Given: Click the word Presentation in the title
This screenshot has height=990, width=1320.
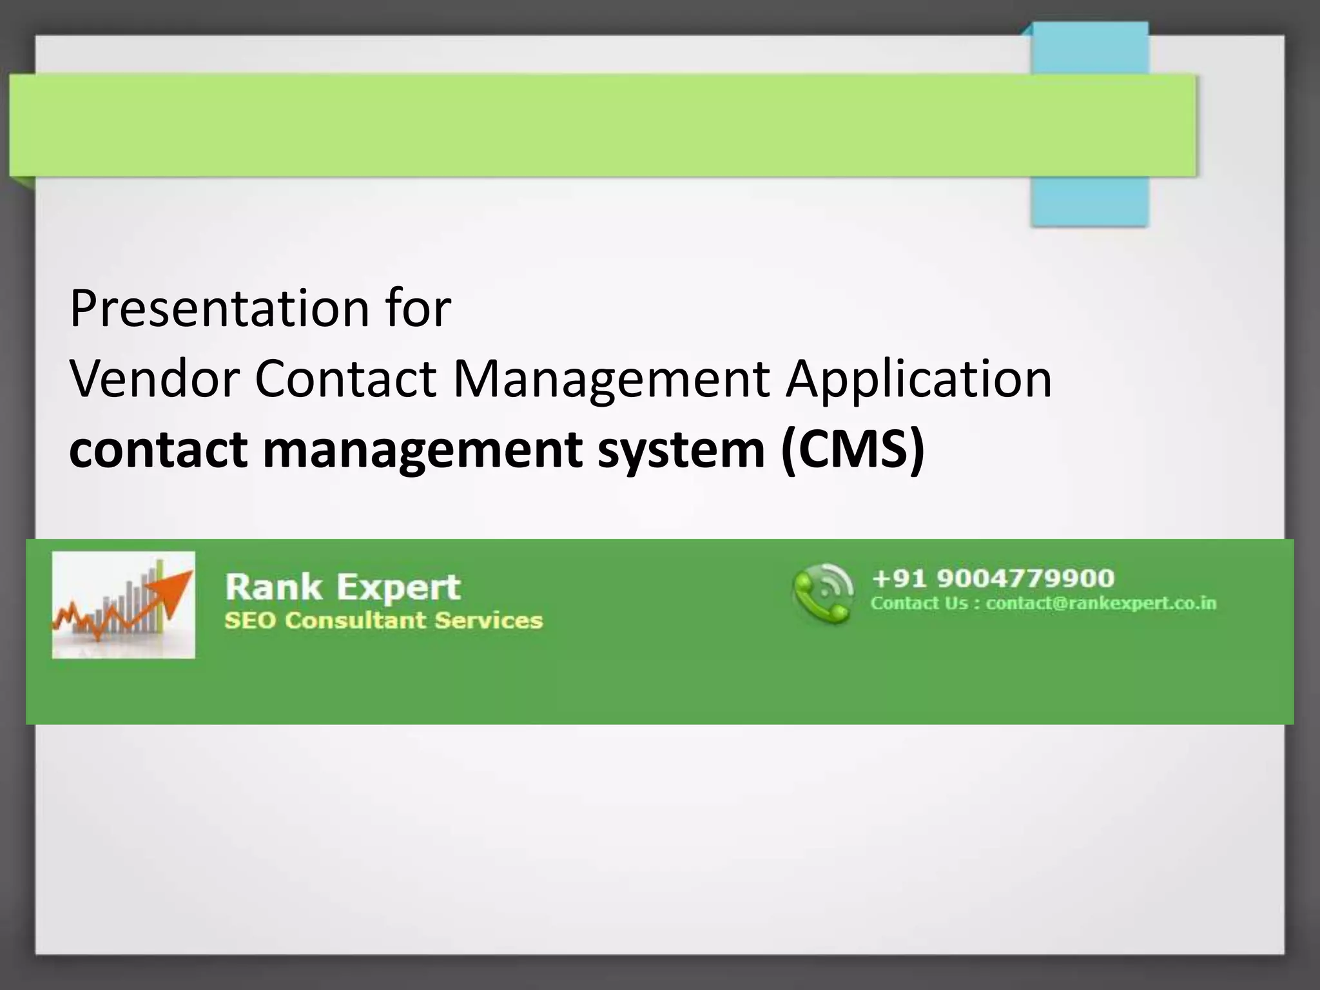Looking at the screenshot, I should coord(218,309).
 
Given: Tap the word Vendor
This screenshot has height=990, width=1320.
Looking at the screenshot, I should coord(154,379).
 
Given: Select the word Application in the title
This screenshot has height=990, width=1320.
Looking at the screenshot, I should coord(919,379).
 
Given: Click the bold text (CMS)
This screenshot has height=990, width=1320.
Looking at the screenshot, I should coord(853,449).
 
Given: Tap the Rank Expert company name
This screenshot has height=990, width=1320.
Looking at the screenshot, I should coord(342,587).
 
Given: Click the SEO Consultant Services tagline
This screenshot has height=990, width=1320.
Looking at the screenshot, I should coord(383,621).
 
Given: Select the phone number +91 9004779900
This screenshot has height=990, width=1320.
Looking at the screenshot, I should coord(993,578).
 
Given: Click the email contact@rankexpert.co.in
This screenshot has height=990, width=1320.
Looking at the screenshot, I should coord(1101,604).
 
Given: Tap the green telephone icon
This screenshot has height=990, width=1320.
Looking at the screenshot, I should coord(822,594).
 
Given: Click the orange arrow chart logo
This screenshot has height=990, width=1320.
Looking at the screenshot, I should coord(123,605).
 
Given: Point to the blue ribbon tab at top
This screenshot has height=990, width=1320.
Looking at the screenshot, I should coord(1089,200).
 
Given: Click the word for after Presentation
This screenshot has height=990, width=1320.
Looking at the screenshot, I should coord(419,309).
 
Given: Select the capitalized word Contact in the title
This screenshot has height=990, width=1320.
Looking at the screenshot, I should coord(345,379).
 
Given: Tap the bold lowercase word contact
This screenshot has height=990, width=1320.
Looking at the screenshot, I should coord(158,449).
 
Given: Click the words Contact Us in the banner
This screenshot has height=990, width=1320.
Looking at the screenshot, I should coord(919,604).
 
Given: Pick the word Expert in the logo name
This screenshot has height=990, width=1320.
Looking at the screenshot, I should coord(398,587).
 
